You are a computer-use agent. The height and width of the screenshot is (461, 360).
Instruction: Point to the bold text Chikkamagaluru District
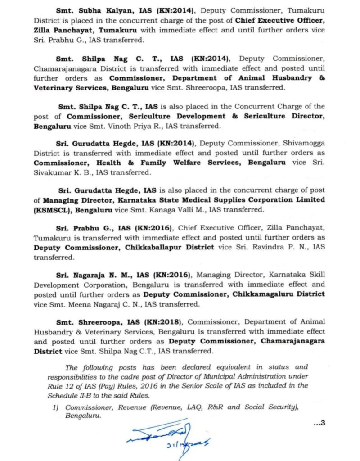279,294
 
